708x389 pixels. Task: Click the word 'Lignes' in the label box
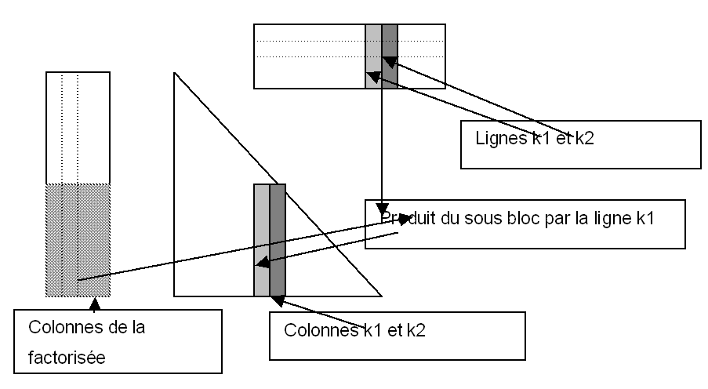click(x=495, y=139)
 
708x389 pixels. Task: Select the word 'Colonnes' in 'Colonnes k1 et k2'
click(x=315, y=331)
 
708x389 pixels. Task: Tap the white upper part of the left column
click(x=78, y=125)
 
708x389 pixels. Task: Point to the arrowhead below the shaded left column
click(x=94, y=303)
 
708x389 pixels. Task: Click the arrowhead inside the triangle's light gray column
click(x=263, y=264)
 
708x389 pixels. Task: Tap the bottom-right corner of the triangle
click(x=381, y=296)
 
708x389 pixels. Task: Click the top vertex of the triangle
click(x=175, y=73)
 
